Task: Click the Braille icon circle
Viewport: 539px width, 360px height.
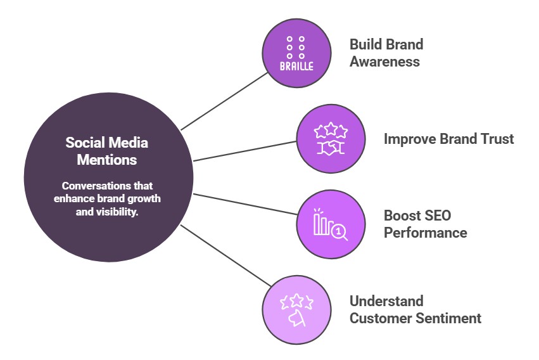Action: tap(297, 53)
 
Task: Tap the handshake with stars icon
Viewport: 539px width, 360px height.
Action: tap(331, 139)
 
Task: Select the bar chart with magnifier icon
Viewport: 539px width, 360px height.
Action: tap(331, 224)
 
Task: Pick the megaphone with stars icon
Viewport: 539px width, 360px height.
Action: tap(297, 310)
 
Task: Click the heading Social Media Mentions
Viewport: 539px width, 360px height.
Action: tap(106, 151)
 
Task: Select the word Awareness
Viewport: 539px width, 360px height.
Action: tap(384, 62)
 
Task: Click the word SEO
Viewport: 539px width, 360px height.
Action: tap(436, 215)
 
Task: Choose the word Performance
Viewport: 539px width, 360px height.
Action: tap(425, 233)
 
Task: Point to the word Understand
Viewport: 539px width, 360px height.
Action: tap(386, 301)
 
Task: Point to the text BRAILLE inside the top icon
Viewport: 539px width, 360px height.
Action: tap(296, 66)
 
